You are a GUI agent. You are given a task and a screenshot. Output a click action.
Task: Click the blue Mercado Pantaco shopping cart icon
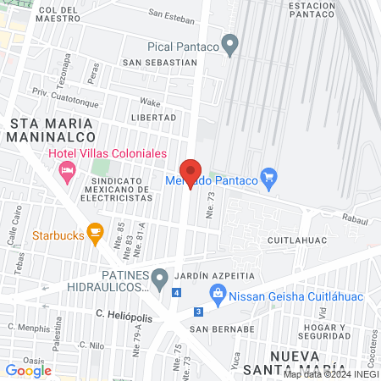pos(269,177)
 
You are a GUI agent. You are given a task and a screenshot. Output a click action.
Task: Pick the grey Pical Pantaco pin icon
pos(229,42)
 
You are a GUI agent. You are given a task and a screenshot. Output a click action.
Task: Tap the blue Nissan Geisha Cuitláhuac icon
pos(217,293)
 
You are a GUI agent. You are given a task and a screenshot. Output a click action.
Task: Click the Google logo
pos(28,370)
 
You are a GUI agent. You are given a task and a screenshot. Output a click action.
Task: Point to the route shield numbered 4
pos(176,293)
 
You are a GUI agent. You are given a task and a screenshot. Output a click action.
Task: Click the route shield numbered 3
pos(198,311)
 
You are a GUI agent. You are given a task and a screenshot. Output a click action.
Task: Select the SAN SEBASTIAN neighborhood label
pos(160,63)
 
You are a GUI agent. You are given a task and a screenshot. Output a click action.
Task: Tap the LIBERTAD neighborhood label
pos(154,117)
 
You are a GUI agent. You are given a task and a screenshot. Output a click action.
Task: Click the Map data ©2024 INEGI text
pos(329,373)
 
